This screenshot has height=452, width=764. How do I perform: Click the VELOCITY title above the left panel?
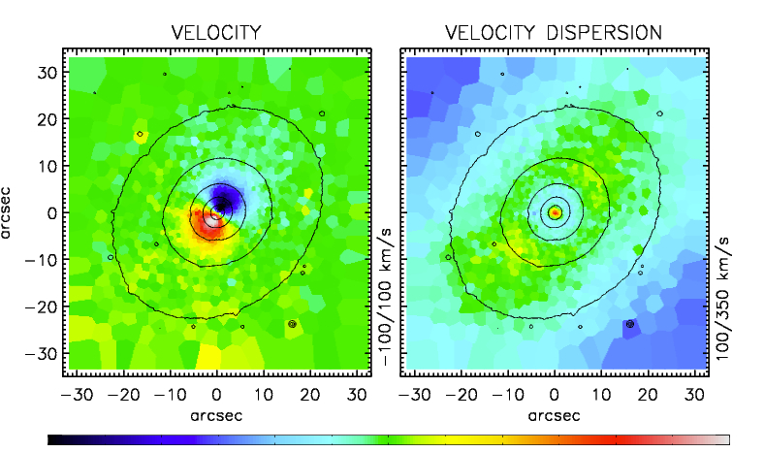216,32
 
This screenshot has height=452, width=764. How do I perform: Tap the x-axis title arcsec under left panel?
216,415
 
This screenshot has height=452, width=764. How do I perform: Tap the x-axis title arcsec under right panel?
554,415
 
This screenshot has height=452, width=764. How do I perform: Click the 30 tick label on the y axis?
46,72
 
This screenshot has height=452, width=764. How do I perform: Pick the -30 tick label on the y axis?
41,354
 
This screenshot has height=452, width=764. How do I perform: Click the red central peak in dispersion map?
555,211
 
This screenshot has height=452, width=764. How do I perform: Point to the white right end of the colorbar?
721,439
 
